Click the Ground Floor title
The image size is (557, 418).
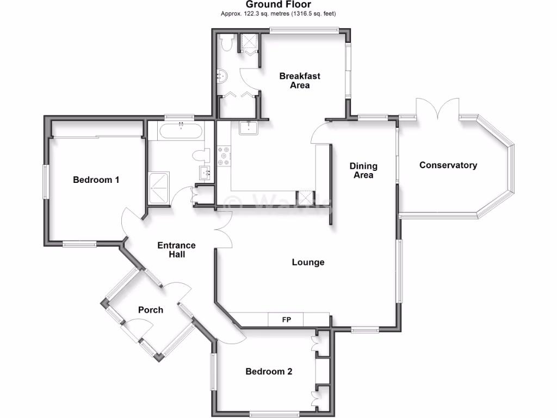[x=278, y=4]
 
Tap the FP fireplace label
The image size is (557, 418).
[x=286, y=319]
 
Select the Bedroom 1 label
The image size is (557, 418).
[x=96, y=180]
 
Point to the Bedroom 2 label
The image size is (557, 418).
[x=269, y=372]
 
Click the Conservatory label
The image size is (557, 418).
[x=448, y=165]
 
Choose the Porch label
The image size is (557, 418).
[x=151, y=310]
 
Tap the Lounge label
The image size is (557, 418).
[x=308, y=262]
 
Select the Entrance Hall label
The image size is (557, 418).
[x=176, y=250]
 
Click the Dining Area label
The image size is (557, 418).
[x=363, y=170]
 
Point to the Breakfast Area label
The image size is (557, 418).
[x=300, y=81]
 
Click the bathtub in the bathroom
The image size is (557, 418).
[x=180, y=131]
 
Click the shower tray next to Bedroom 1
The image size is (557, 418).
[x=159, y=188]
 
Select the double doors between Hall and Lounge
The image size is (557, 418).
[x=224, y=229]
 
